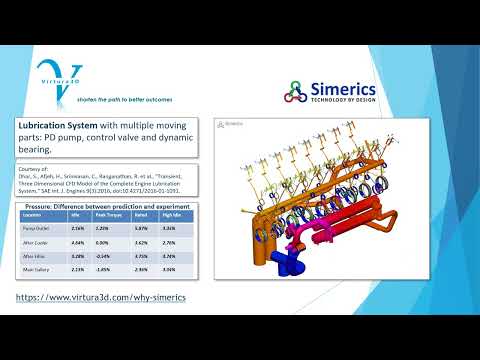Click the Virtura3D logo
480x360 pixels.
pos(60,77)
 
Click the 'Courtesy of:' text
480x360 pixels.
pos(33,170)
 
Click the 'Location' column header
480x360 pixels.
pos(33,213)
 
